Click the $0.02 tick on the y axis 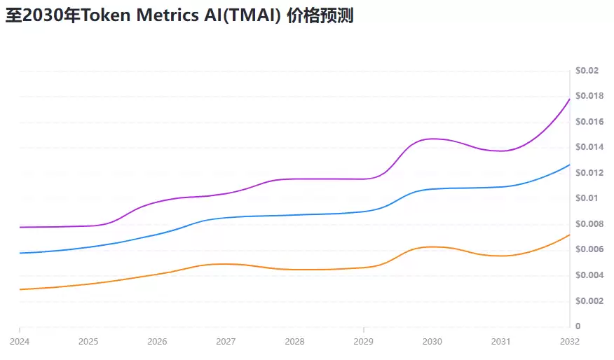pyautogui.click(x=587, y=71)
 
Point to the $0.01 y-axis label pyautogui.click(x=585, y=198)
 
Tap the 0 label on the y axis pyautogui.click(x=578, y=326)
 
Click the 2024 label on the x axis pyautogui.click(x=20, y=342)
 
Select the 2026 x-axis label pyautogui.click(x=157, y=342)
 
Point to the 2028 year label pyautogui.click(x=294, y=342)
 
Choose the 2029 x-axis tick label pyautogui.click(x=363, y=342)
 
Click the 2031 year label pyautogui.click(x=500, y=342)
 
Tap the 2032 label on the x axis pyautogui.click(x=569, y=342)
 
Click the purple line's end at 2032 pyautogui.click(x=569, y=99)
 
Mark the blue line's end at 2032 pyautogui.click(x=569, y=165)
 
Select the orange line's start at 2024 pyautogui.click(x=20, y=289)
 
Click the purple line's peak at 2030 pyautogui.click(x=432, y=139)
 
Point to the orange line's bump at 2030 pyautogui.click(x=432, y=247)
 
